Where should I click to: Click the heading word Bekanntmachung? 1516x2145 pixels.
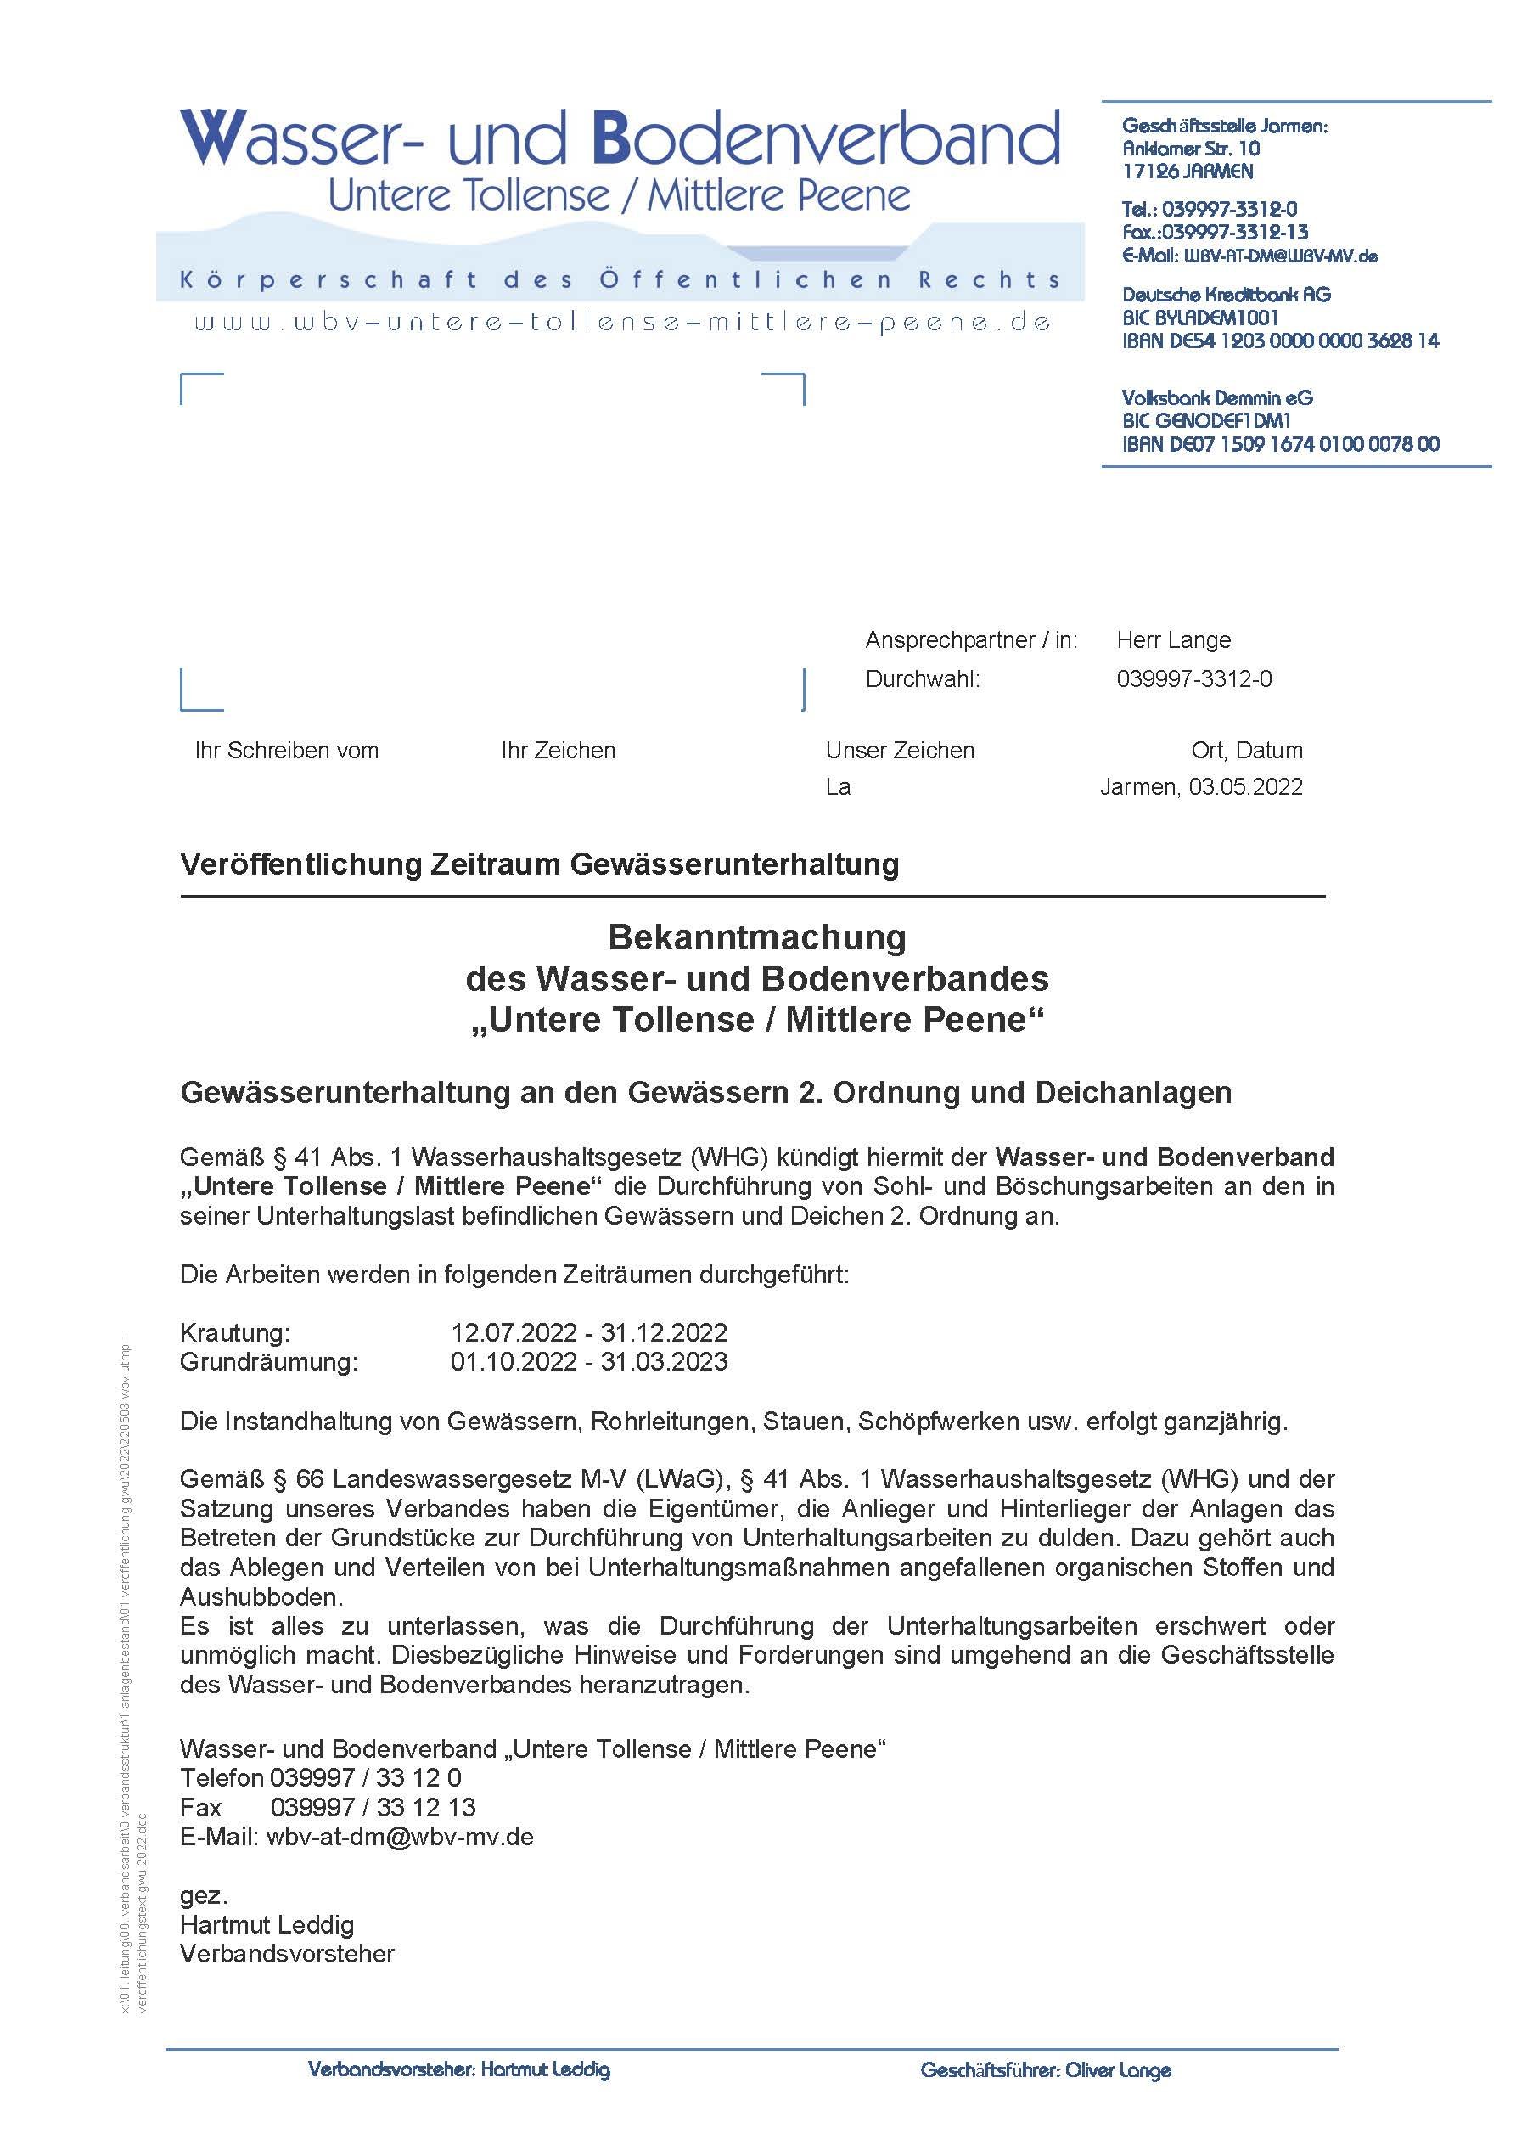click(x=756, y=937)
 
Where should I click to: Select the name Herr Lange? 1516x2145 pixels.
click(x=1173, y=640)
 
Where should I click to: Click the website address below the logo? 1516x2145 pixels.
click(x=623, y=324)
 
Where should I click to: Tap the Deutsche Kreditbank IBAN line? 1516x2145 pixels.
click(x=1280, y=341)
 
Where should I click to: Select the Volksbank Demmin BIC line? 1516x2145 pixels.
click(x=1206, y=420)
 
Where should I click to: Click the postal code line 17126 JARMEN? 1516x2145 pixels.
click(x=1188, y=172)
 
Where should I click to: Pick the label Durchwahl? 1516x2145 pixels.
click(x=922, y=679)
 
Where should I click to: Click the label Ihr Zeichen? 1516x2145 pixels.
click(x=558, y=750)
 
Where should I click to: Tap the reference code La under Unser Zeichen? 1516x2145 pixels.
click(x=838, y=786)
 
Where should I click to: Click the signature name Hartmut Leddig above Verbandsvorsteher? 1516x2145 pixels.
click(x=267, y=1924)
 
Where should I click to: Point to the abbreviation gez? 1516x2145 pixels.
click(x=204, y=1895)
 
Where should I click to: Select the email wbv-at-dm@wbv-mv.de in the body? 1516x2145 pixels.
click(x=400, y=1837)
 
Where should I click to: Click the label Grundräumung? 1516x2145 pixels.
click(x=268, y=1361)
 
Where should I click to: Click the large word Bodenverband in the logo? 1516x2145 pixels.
click(x=827, y=138)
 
